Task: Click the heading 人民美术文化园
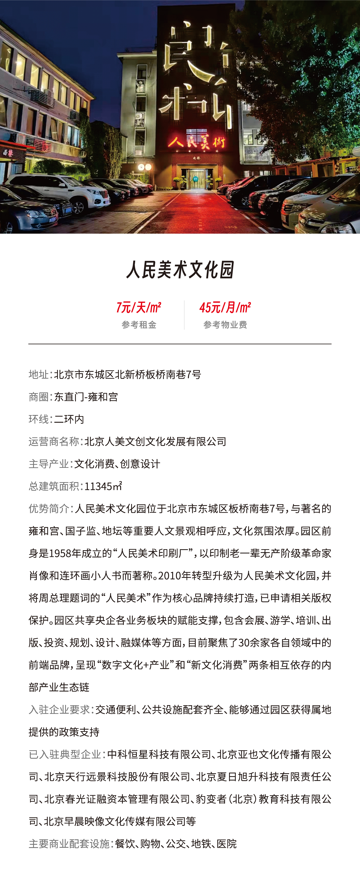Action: (180, 270)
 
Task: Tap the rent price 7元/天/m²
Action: (139, 307)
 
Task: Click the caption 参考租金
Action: (139, 325)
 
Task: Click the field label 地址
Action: (39, 374)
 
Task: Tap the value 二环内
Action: (69, 419)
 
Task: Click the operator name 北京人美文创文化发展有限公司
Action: (155, 442)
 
